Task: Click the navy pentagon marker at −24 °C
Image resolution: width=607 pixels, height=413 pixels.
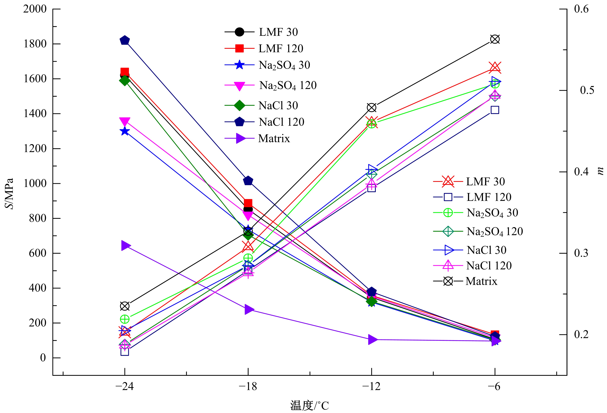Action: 125,40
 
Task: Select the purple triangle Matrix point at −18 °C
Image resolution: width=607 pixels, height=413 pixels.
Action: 249,309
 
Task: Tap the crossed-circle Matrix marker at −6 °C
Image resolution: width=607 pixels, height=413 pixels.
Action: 495,39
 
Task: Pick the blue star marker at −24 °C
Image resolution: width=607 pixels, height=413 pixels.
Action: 125,131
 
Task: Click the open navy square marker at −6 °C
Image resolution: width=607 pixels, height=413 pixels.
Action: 495,110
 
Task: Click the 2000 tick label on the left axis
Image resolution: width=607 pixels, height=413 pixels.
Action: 35,9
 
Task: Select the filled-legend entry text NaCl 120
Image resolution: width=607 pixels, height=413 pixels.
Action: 281,122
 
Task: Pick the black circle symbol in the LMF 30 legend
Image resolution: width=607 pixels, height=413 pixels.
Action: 239,32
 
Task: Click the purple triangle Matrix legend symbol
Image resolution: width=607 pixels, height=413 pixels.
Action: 240,138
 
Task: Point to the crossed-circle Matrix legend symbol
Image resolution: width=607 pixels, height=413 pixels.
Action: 448,281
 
